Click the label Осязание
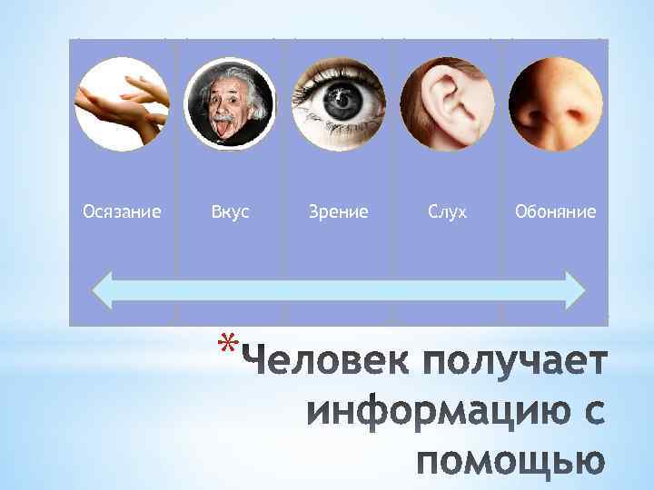(122, 212)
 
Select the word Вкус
(230, 212)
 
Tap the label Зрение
(339, 212)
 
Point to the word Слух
(447, 212)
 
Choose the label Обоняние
(555, 212)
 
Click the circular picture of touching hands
(122, 103)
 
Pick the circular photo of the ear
(447, 103)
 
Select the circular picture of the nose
(555, 103)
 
